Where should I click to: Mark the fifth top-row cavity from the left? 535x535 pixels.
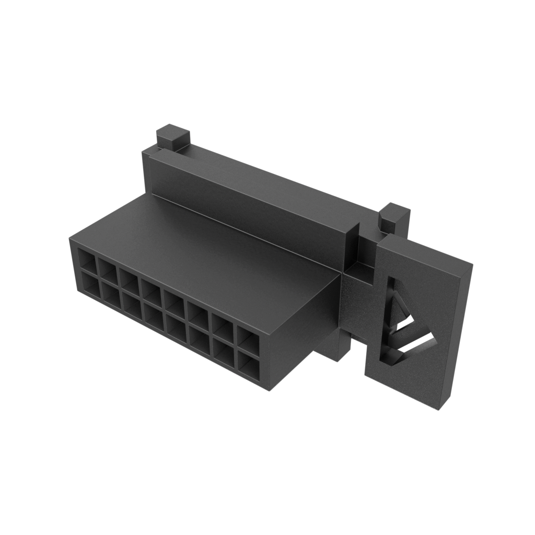click(175, 306)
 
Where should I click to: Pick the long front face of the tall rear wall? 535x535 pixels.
click(251, 209)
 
